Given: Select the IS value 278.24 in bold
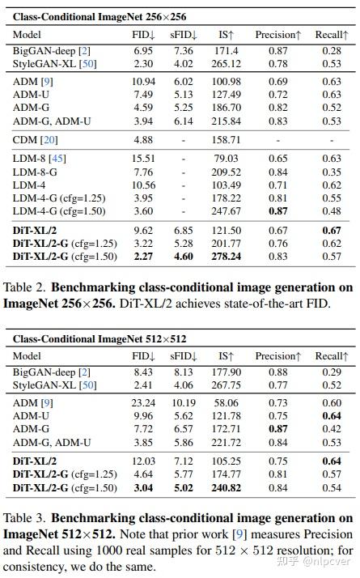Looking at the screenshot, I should (x=227, y=257).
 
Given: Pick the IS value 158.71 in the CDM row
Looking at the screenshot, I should (x=227, y=139).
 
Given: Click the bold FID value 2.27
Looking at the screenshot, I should (x=144, y=257).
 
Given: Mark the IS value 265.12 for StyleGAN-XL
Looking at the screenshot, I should (x=227, y=63).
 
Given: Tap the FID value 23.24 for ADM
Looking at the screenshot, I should (x=142, y=402).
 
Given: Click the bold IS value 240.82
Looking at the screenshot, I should (x=227, y=488).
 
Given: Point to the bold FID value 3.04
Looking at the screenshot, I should (x=144, y=488).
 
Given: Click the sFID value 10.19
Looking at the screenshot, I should (x=184, y=402).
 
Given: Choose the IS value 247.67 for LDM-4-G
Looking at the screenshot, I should (x=227, y=210).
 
